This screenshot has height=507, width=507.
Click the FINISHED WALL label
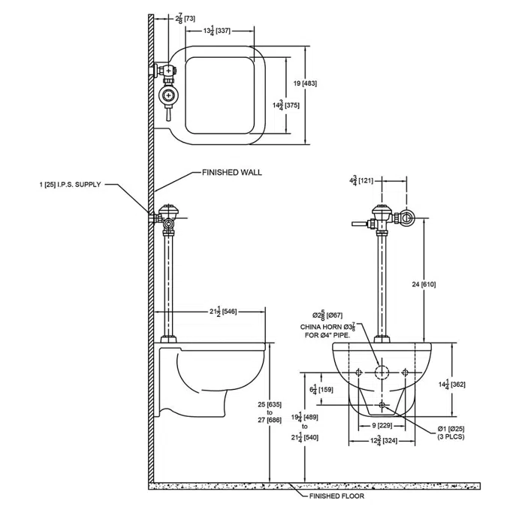click(231, 172)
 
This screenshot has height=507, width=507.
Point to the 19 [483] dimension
click(305, 83)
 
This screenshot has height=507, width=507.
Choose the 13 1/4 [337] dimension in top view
click(219, 30)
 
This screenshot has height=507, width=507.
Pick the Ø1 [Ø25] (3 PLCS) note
click(451, 433)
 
